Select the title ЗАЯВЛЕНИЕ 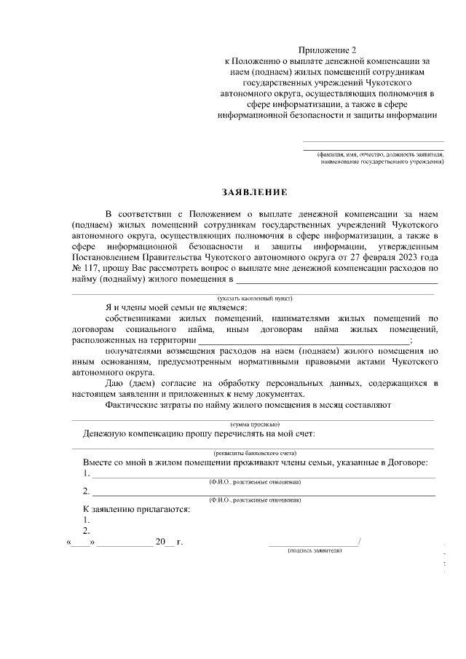(255, 192)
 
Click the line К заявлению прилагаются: (137, 508)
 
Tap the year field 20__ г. (167, 542)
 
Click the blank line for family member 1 (262, 474)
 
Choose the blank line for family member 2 (262, 492)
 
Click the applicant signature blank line (313, 542)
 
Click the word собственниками (142, 319)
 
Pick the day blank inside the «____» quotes (80, 542)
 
